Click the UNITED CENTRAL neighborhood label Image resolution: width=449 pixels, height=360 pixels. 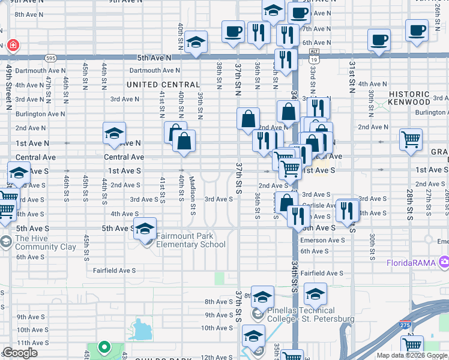coord(163,85)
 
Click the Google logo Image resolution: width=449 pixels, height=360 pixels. coord(20,353)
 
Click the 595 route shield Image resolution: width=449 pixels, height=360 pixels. coord(51,58)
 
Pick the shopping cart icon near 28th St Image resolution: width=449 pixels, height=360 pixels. coord(411,139)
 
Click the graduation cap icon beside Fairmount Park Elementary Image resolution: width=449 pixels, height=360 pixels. coord(145,229)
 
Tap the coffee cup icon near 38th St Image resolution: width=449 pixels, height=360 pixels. coord(233,31)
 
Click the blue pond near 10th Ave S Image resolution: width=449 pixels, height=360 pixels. coord(140,328)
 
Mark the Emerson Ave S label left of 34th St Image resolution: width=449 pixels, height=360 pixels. coord(322,240)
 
